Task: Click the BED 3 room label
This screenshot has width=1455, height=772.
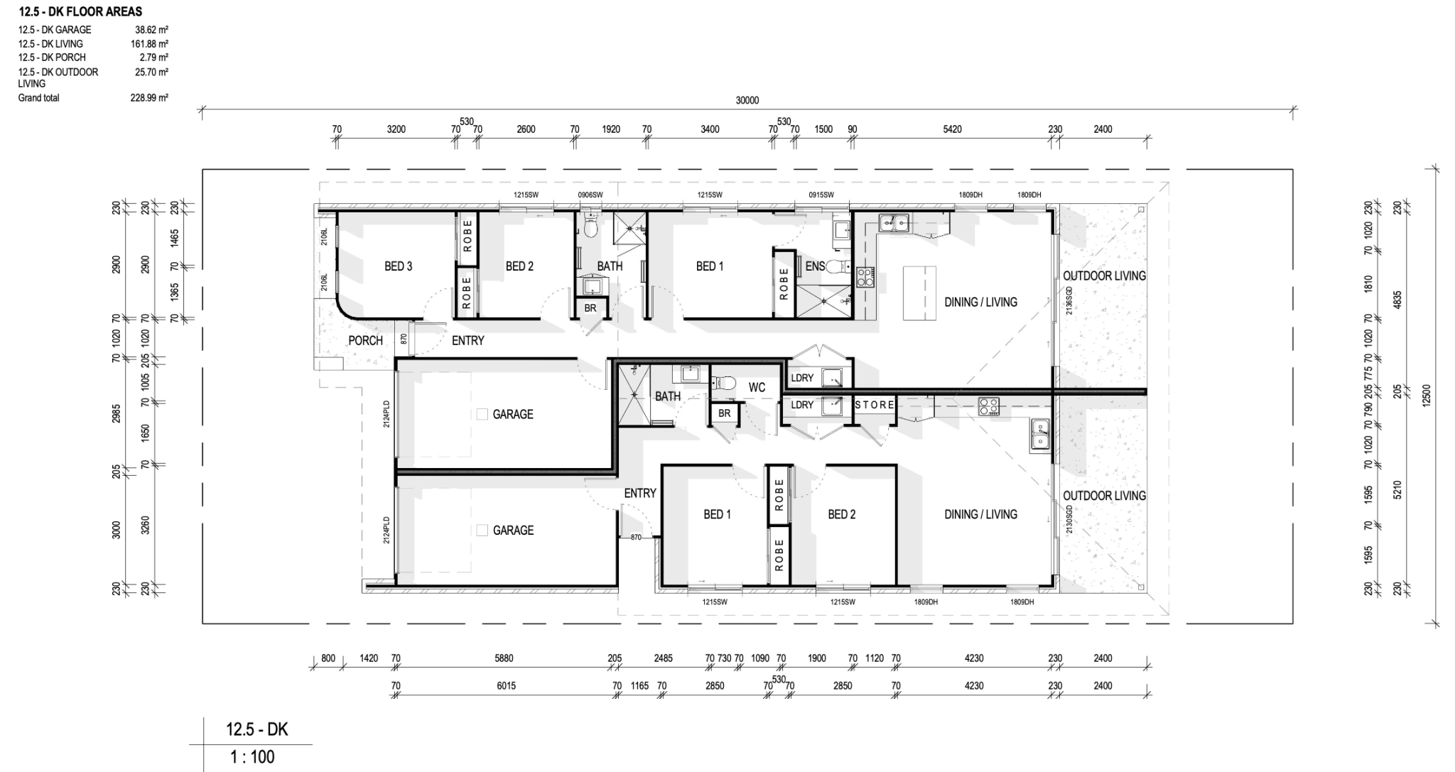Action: click(x=398, y=266)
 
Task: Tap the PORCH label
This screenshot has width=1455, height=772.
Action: click(x=365, y=341)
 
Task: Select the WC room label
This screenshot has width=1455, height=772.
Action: click(x=757, y=387)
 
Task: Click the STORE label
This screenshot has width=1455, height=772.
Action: click(x=875, y=405)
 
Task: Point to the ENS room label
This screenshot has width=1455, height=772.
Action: click(x=815, y=266)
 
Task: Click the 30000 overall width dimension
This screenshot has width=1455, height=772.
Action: click(x=747, y=101)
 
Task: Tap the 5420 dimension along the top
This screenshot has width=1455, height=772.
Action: click(x=952, y=129)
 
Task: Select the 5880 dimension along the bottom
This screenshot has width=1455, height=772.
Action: click(x=504, y=658)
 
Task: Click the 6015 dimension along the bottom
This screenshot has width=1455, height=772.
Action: click(x=506, y=686)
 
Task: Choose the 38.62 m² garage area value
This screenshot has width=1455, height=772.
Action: click(x=151, y=31)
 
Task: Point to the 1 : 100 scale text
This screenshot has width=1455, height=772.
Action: click(x=251, y=757)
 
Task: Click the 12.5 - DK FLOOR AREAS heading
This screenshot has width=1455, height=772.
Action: click(x=80, y=11)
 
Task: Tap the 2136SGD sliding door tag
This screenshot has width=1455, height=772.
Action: click(x=1069, y=300)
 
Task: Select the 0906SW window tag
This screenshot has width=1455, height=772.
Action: click(x=590, y=195)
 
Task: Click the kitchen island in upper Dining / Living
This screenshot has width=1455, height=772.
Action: click(x=919, y=293)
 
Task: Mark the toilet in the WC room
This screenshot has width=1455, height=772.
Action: click(x=723, y=383)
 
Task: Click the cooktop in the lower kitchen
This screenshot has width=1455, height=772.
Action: click(x=988, y=406)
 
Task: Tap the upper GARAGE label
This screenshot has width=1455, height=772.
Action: click(x=512, y=414)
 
